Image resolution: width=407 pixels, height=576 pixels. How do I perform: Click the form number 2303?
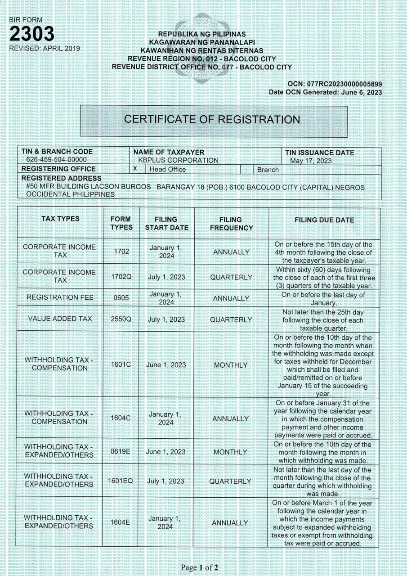pos(31,34)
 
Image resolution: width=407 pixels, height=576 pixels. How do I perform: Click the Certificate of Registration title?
pos(212,119)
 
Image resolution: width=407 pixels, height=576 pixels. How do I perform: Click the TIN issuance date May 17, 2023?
pos(311,161)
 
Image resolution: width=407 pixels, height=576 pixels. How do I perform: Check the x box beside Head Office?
pos(135,169)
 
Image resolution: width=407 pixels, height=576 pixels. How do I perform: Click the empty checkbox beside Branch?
pos(246,169)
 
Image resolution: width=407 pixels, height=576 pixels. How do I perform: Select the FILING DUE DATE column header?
pos(324,220)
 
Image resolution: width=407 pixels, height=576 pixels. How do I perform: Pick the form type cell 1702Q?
pos(121,277)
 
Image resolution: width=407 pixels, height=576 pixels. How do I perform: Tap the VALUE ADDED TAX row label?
pos(59,319)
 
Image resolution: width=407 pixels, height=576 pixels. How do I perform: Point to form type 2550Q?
pos(121,319)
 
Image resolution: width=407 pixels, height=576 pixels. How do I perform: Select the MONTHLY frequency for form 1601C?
pos(231,365)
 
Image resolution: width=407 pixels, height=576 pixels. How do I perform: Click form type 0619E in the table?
pos(121,451)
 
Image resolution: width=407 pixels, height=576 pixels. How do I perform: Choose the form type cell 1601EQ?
pos(121,481)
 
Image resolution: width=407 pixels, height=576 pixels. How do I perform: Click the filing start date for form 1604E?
pos(166,522)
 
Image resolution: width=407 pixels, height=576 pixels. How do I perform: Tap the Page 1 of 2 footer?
pos(199,568)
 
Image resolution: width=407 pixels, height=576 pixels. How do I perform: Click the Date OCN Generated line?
pos(325,92)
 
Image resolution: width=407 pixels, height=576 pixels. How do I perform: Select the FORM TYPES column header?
pos(121,223)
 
